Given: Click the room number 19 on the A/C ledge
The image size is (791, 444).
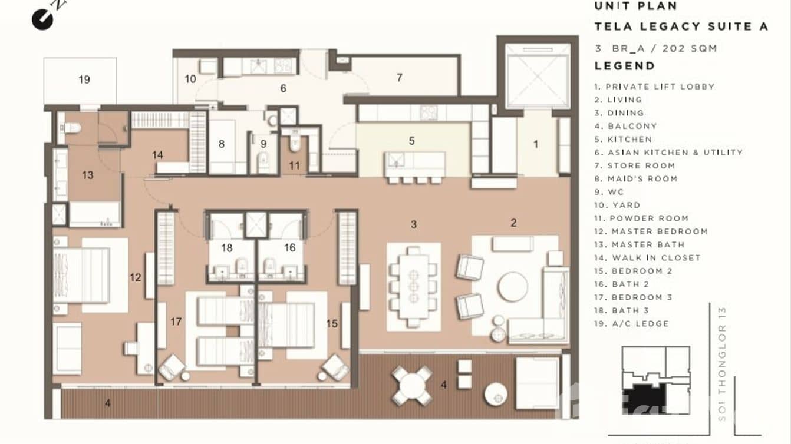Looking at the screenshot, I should tap(84, 79).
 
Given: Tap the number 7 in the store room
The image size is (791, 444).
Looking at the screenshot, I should tap(399, 78).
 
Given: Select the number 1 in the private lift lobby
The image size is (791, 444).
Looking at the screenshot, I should tap(535, 144).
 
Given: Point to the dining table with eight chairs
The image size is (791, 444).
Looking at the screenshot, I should tap(413, 286).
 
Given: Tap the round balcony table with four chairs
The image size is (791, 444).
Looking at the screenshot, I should tap(412, 386).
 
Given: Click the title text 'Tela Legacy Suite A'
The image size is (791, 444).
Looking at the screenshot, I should tap(681, 26).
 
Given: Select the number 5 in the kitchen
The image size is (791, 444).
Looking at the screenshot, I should tap(411, 141).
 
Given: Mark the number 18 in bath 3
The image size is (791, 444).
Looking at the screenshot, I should tap(227, 248).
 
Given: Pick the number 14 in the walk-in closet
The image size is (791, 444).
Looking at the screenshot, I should tap(157, 155).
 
